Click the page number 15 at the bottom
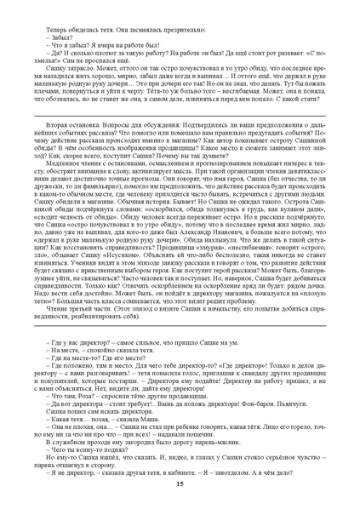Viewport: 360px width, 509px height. (180, 483)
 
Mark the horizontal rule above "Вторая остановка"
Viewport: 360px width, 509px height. (180, 113)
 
